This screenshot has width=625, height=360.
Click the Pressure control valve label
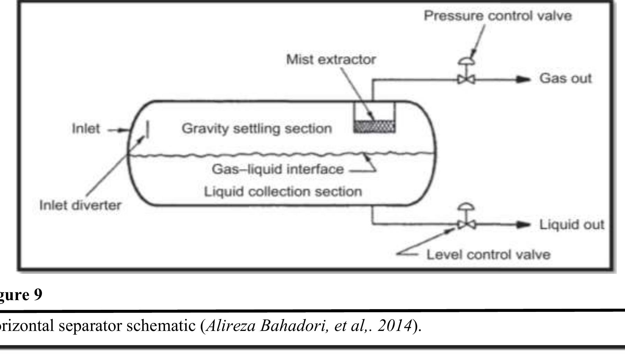[498, 16]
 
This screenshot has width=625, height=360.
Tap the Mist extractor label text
[331, 60]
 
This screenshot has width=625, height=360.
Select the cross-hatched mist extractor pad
[374, 126]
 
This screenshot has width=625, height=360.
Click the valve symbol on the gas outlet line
[466, 80]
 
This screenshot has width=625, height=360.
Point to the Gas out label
[565, 78]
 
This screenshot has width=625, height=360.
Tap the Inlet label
[85, 129]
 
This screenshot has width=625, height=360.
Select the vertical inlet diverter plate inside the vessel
[148, 129]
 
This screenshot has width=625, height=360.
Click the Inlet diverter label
[80, 205]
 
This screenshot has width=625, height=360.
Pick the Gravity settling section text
[256, 129]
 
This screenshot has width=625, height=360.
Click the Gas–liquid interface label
[278, 170]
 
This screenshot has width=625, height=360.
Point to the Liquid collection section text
[283, 191]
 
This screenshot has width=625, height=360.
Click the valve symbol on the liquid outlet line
[466, 225]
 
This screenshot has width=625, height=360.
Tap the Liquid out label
[572, 225]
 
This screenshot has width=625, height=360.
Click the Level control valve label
[488, 255]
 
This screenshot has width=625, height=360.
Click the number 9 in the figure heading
[37, 295]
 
